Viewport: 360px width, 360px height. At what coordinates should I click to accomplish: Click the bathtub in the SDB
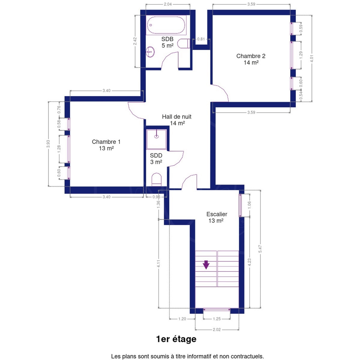[x=166, y=25]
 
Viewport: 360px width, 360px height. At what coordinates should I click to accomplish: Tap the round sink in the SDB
[x=150, y=52]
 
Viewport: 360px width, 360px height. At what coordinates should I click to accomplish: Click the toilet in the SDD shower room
[x=156, y=179]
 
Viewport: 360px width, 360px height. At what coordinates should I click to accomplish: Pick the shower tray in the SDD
[x=156, y=139]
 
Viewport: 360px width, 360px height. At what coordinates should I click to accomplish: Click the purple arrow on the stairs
[x=206, y=265]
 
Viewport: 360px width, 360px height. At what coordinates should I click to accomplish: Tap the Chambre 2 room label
[x=251, y=59]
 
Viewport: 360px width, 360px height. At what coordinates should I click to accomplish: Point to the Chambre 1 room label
[x=106, y=145]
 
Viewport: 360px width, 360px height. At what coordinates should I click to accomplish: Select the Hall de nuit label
[x=177, y=120]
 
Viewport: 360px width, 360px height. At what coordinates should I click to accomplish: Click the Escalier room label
[x=217, y=217]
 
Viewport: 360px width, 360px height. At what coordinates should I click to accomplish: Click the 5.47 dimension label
[x=260, y=249]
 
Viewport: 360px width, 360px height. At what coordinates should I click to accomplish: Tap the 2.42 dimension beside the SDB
[x=135, y=41]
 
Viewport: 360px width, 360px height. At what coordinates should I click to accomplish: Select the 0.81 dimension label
[x=201, y=39]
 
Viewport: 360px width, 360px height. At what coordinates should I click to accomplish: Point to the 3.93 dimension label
[x=48, y=144]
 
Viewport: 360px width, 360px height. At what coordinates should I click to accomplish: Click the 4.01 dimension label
[x=312, y=58]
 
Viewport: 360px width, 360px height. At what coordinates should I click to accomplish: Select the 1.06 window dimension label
[x=249, y=205]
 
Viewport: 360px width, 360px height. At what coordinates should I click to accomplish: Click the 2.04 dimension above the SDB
[x=168, y=4]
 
